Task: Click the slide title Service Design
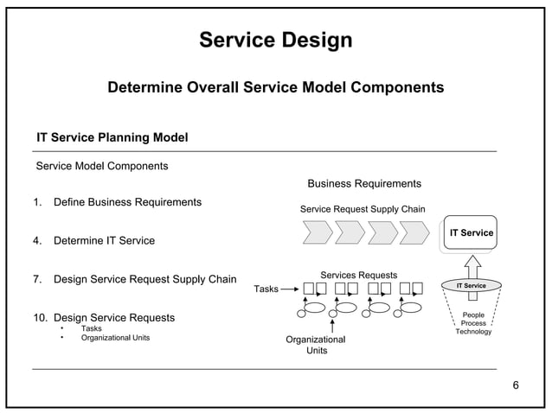pyautogui.click(x=275, y=41)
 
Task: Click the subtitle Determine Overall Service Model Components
pyautogui.click(x=275, y=88)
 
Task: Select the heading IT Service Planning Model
pyautogui.click(x=112, y=138)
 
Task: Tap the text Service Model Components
pyautogui.click(x=101, y=165)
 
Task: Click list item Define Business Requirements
pyautogui.click(x=127, y=202)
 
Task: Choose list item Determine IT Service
pyautogui.click(x=104, y=240)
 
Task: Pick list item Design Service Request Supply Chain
pyautogui.click(x=144, y=279)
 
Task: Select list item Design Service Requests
pyautogui.click(x=113, y=318)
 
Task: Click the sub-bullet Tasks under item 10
pyautogui.click(x=91, y=328)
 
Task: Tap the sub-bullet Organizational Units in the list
pyautogui.click(x=115, y=338)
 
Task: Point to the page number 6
pyautogui.click(x=516, y=384)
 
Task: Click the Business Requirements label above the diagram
pyautogui.click(x=364, y=183)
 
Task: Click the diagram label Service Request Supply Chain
pyautogui.click(x=362, y=209)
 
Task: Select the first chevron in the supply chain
pyautogui.click(x=316, y=232)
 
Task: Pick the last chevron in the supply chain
pyautogui.click(x=414, y=232)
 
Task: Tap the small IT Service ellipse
pyautogui.click(x=471, y=285)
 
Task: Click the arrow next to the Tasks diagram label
pyautogui.click(x=291, y=289)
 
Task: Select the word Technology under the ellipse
pyautogui.click(x=473, y=332)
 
